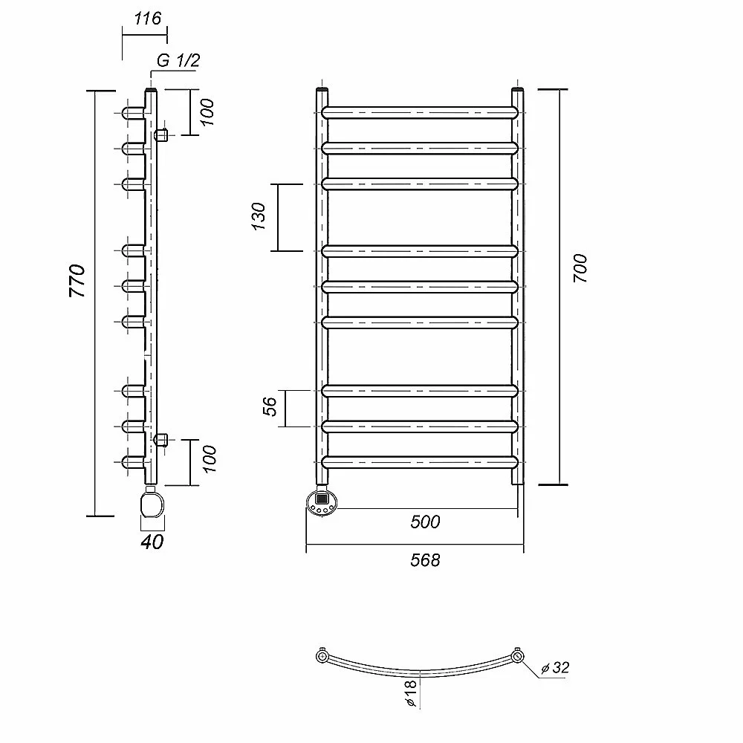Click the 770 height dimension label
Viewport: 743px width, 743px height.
pos(77,281)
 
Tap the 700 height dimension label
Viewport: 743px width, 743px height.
pos(580,268)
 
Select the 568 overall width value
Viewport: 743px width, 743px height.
pos(425,560)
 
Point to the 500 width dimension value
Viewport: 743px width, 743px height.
pos(425,522)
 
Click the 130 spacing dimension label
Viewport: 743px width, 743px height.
pos(259,216)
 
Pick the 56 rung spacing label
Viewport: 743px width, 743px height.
pos(270,406)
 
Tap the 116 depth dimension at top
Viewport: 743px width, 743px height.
pos(147,19)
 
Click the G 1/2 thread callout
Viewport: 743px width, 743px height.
pos(178,60)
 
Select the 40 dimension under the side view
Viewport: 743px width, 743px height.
pos(152,542)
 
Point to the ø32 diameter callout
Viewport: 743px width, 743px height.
pos(555,668)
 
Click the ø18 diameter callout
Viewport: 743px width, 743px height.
pos(411,693)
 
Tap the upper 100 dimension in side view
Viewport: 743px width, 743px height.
pos(207,112)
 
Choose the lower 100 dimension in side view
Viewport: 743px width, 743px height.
pos(209,459)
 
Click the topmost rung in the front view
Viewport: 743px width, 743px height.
pos(420,113)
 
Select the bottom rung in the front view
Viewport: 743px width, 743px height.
pos(420,462)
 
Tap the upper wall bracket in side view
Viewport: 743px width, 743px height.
pos(161,135)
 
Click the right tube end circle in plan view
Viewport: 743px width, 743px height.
pos(517,657)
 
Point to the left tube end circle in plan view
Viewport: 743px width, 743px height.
pos(322,657)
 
